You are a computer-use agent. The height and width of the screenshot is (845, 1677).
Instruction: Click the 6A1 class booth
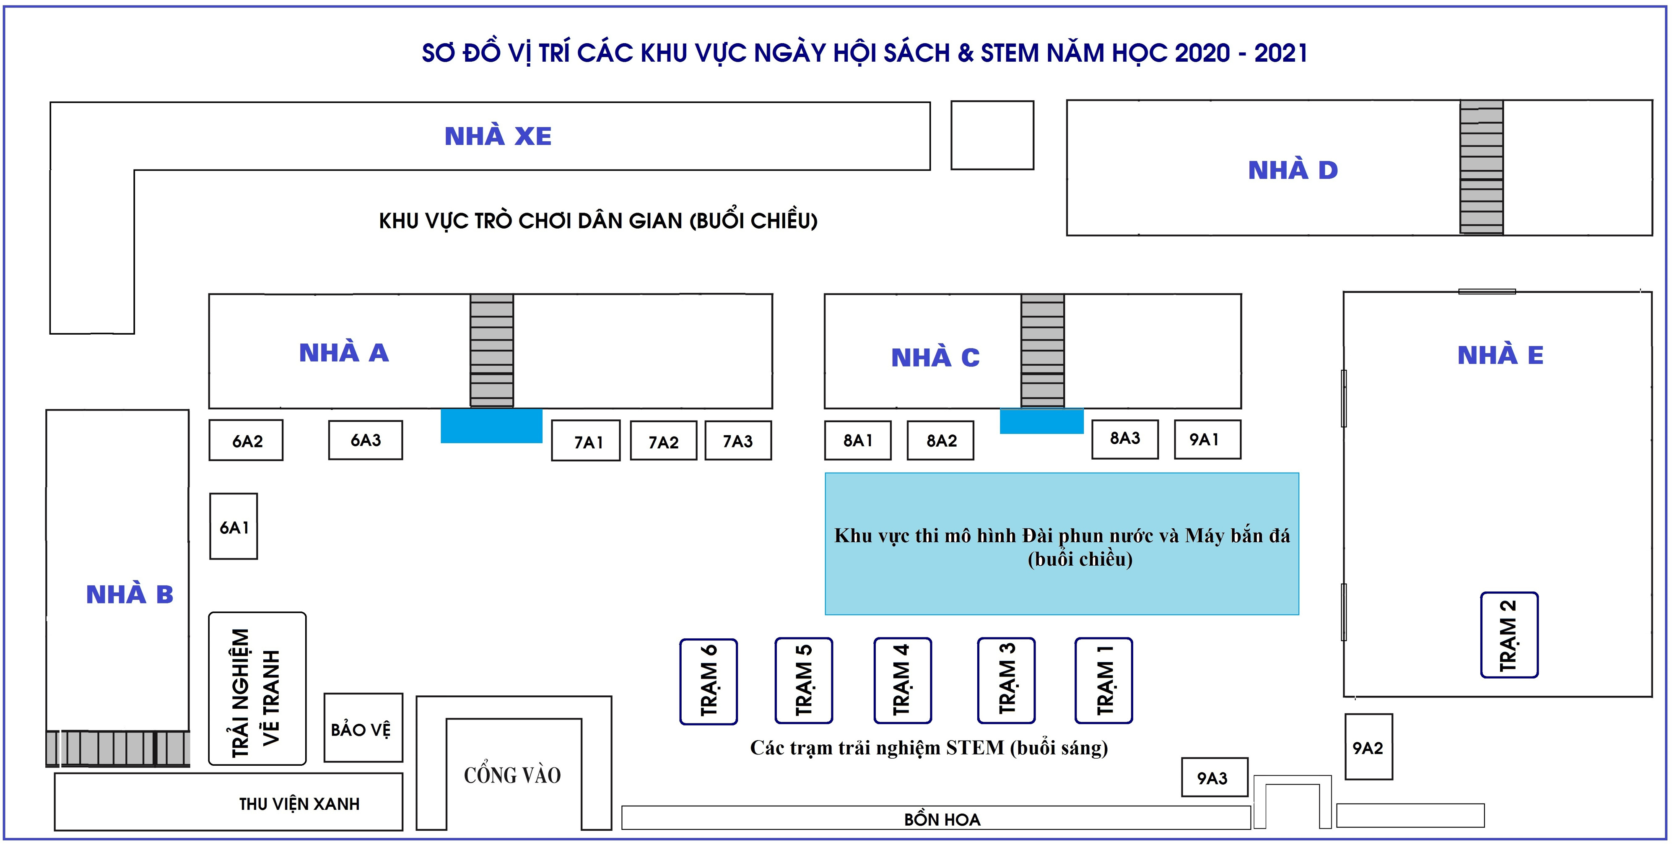(234, 526)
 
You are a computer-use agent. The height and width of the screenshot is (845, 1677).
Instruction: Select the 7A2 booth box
(663, 441)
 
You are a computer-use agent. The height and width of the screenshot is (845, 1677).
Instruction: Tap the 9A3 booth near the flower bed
(1215, 777)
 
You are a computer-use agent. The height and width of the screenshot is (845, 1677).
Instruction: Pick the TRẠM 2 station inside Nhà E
(1509, 635)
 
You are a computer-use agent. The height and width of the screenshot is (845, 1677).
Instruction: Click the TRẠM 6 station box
(708, 681)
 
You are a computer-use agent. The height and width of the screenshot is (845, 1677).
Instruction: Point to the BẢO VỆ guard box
(363, 728)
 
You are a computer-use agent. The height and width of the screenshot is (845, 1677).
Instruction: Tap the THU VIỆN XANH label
(299, 804)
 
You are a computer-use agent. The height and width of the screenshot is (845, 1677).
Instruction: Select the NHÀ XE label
(498, 136)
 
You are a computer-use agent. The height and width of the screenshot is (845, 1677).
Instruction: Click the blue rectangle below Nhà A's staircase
(491, 426)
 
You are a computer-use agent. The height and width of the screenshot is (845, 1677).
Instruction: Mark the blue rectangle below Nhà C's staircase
(1041, 421)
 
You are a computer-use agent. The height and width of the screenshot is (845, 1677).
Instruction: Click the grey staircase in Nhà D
(1481, 167)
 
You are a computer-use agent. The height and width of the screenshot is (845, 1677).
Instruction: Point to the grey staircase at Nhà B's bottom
(118, 748)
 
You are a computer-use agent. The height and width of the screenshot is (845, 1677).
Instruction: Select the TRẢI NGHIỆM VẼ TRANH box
(257, 689)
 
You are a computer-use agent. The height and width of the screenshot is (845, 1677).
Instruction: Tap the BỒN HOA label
(942, 819)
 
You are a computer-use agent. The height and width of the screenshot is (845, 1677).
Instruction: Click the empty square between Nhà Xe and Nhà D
(992, 135)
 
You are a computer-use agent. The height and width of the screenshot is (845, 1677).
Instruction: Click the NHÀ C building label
(935, 357)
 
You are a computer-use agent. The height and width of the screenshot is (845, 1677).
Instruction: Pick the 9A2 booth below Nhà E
(1368, 747)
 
